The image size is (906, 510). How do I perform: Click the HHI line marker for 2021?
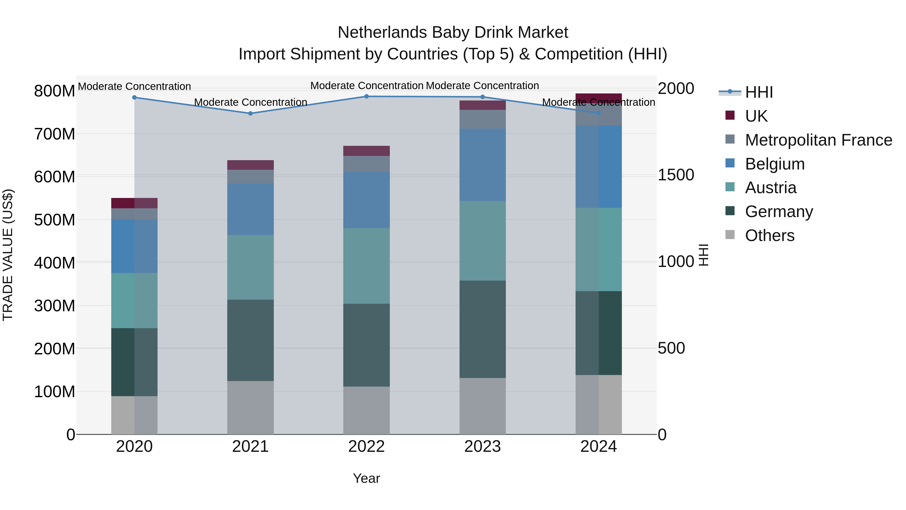(250, 113)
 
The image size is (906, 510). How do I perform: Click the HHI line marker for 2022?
(366, 96)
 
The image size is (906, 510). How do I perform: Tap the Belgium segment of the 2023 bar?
(482, 165)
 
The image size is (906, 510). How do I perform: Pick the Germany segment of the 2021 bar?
(250, 340)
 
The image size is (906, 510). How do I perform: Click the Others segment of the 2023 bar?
(482, 406)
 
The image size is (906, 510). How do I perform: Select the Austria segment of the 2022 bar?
(366, 266)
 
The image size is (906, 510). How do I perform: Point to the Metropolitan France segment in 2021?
(250, 177)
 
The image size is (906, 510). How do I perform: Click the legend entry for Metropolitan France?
(818, 140)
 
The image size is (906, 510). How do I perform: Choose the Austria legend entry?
(770, 188)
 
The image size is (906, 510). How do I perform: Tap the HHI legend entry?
(759, 92)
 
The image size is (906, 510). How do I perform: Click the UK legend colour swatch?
(730, 115)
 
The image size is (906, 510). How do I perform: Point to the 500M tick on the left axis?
(55, 220)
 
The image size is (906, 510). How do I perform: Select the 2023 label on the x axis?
(482, 447)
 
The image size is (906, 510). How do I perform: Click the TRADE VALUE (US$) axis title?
(8, 255)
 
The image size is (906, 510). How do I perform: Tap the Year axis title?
(366, 478)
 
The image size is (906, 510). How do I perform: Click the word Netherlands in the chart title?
(382, 32)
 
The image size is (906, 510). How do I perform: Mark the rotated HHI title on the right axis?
(703, 255)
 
